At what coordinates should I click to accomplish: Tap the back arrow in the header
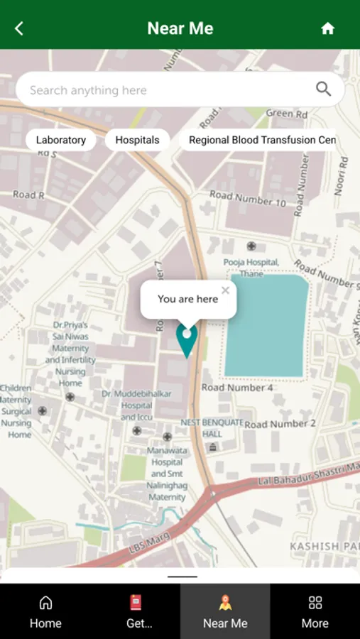[x=19, y=28]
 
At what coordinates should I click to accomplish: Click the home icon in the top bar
[x=327, y=28]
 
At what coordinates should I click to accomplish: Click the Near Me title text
[x=180, y=28]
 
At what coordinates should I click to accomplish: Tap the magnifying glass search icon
[x=323, y=89]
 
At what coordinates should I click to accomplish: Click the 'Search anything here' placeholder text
[x=88, y=90]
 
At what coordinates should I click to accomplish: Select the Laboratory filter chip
[x=61, y=140]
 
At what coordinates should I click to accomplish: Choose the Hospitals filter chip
[x=137, y=140]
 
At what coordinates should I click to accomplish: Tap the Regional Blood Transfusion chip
[x=262, y=140]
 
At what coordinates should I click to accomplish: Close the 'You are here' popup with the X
[x=225, y=290]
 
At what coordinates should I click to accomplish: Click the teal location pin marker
[x=187, y=339]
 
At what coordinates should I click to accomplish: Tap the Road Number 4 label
[x=237, y=388]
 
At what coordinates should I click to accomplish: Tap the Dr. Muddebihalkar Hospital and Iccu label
[x=127, y=405]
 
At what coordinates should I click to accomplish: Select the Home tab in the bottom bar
[x=45, y=612]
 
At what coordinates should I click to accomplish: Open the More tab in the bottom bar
[x=315, y=612]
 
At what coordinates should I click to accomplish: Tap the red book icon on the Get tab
[x=136, y=603]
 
